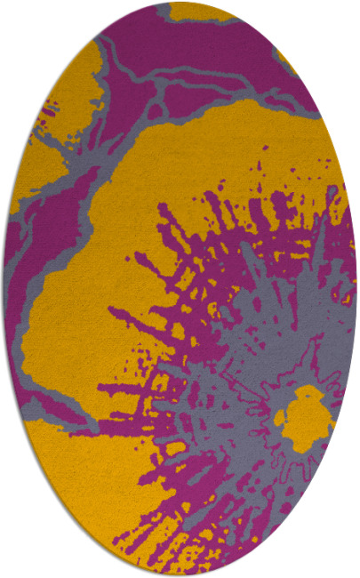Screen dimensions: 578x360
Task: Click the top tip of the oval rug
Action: pos(180,3)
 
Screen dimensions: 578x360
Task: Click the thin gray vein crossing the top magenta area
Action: pos(178,84)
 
